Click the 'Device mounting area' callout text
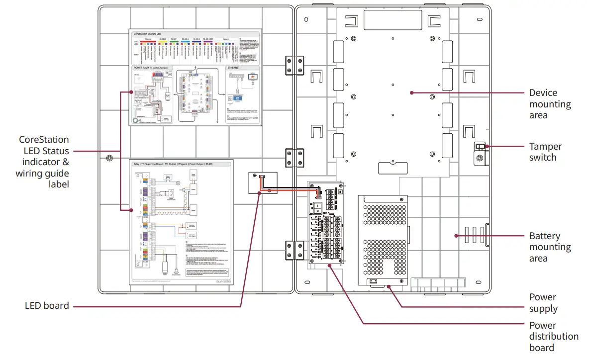(x=550, y=104)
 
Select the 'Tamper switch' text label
(x=545, y=152)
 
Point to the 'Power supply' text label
(x=543, y=303)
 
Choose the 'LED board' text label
(x=47, y=306)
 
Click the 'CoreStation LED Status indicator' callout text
(x=44, y=162)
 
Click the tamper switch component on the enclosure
(x=479, y=147)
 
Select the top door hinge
(x=294, y=65)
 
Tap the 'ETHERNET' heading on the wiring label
(x=234, y=67)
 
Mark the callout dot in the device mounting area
(x=411, y=92)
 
